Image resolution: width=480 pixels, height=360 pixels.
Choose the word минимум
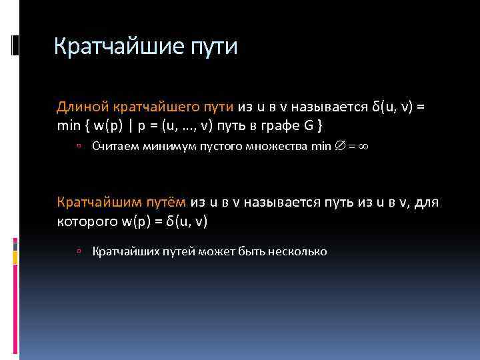(165, 147)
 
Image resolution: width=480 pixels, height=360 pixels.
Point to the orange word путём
(167, 202)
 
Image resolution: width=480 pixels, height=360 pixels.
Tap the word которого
(85, 220)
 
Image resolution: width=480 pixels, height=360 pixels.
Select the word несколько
(297, 251)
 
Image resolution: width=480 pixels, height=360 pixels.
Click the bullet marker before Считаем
(79, 147)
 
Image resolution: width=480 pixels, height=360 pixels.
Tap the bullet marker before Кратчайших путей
(79, 252)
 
